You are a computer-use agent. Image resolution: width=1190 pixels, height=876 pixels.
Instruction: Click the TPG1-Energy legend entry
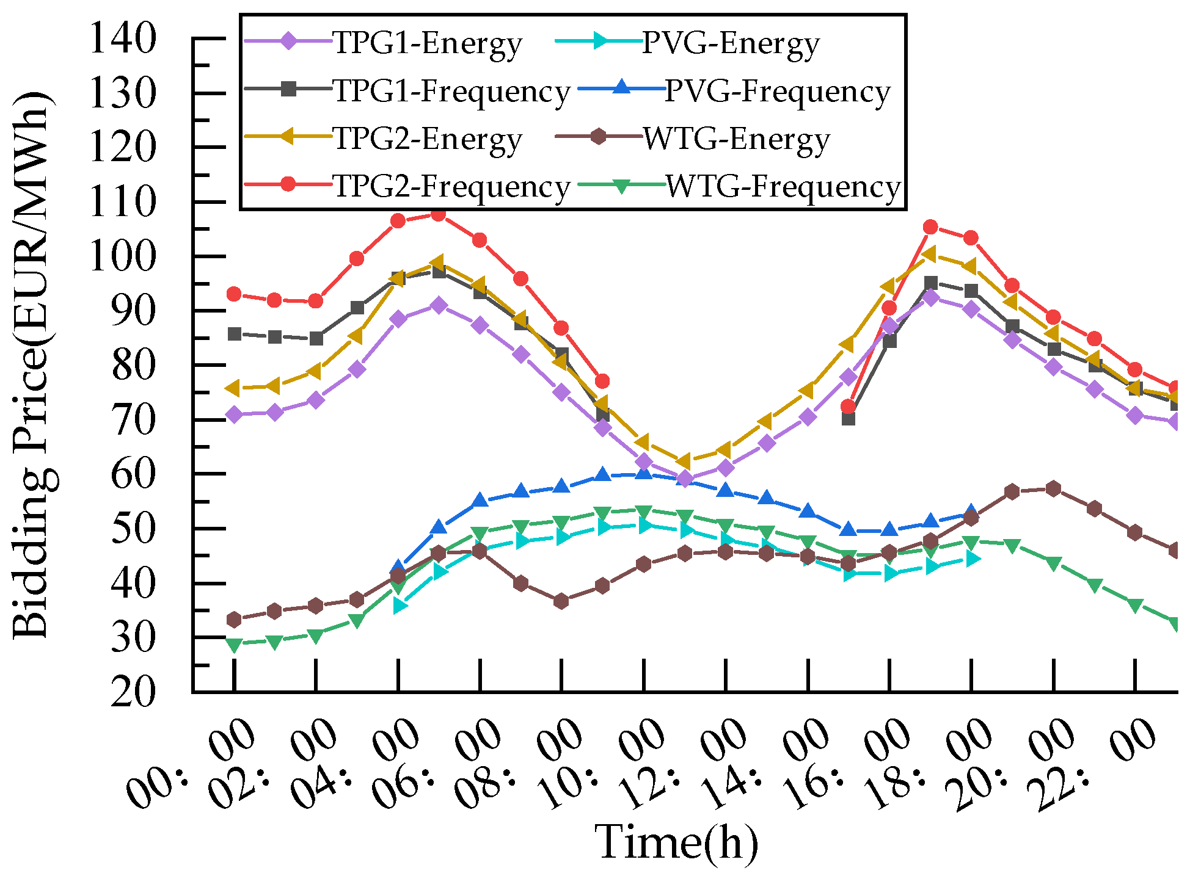coord(428,44)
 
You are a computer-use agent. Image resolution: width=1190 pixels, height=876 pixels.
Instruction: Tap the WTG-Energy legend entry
coord(736,139)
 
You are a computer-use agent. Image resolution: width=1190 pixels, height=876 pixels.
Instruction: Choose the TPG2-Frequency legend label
coord(451,186)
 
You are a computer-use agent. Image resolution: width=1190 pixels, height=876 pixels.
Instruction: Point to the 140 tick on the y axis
coord(122,39)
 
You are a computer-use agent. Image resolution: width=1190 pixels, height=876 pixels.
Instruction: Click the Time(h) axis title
coord(676,842)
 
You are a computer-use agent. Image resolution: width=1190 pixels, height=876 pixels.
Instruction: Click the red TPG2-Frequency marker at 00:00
coord(234,294)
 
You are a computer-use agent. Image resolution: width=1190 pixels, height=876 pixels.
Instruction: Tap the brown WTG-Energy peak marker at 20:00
coord(1053,489)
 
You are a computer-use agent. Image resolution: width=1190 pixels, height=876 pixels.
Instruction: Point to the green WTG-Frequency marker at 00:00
coord(234,644)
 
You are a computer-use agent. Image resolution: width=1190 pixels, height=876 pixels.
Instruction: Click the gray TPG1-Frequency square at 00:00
coord(234,334)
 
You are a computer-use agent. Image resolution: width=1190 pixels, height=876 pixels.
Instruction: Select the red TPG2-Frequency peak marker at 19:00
coord(930,227)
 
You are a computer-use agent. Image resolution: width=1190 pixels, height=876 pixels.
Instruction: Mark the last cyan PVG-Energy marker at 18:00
coord(972,559)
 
